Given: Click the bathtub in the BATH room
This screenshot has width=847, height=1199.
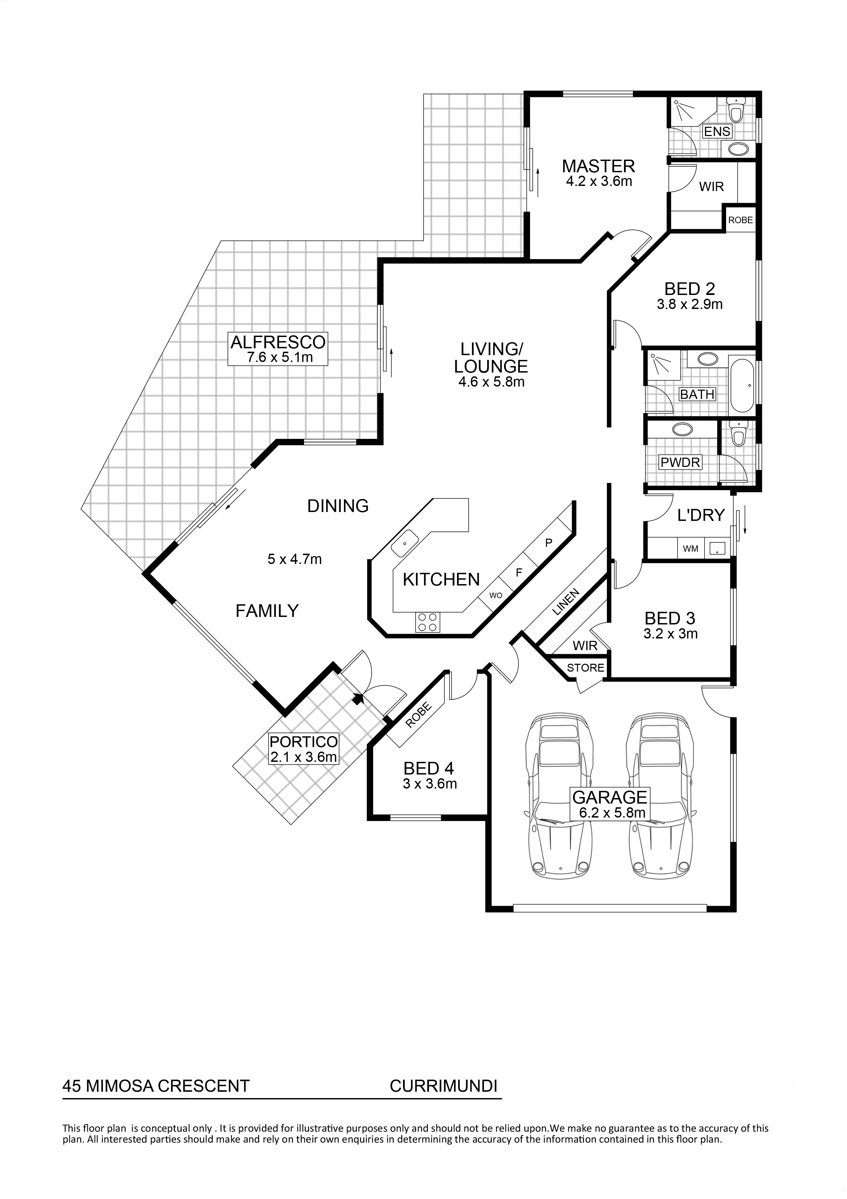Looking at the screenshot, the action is [741, 385].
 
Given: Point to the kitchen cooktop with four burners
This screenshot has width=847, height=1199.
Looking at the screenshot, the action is [427, 622].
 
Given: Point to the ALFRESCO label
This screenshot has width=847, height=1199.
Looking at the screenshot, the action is [278, 342].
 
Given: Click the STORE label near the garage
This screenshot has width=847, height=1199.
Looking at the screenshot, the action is [585, 668].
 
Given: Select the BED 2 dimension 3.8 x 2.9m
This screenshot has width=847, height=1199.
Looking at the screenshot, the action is [690, 304].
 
